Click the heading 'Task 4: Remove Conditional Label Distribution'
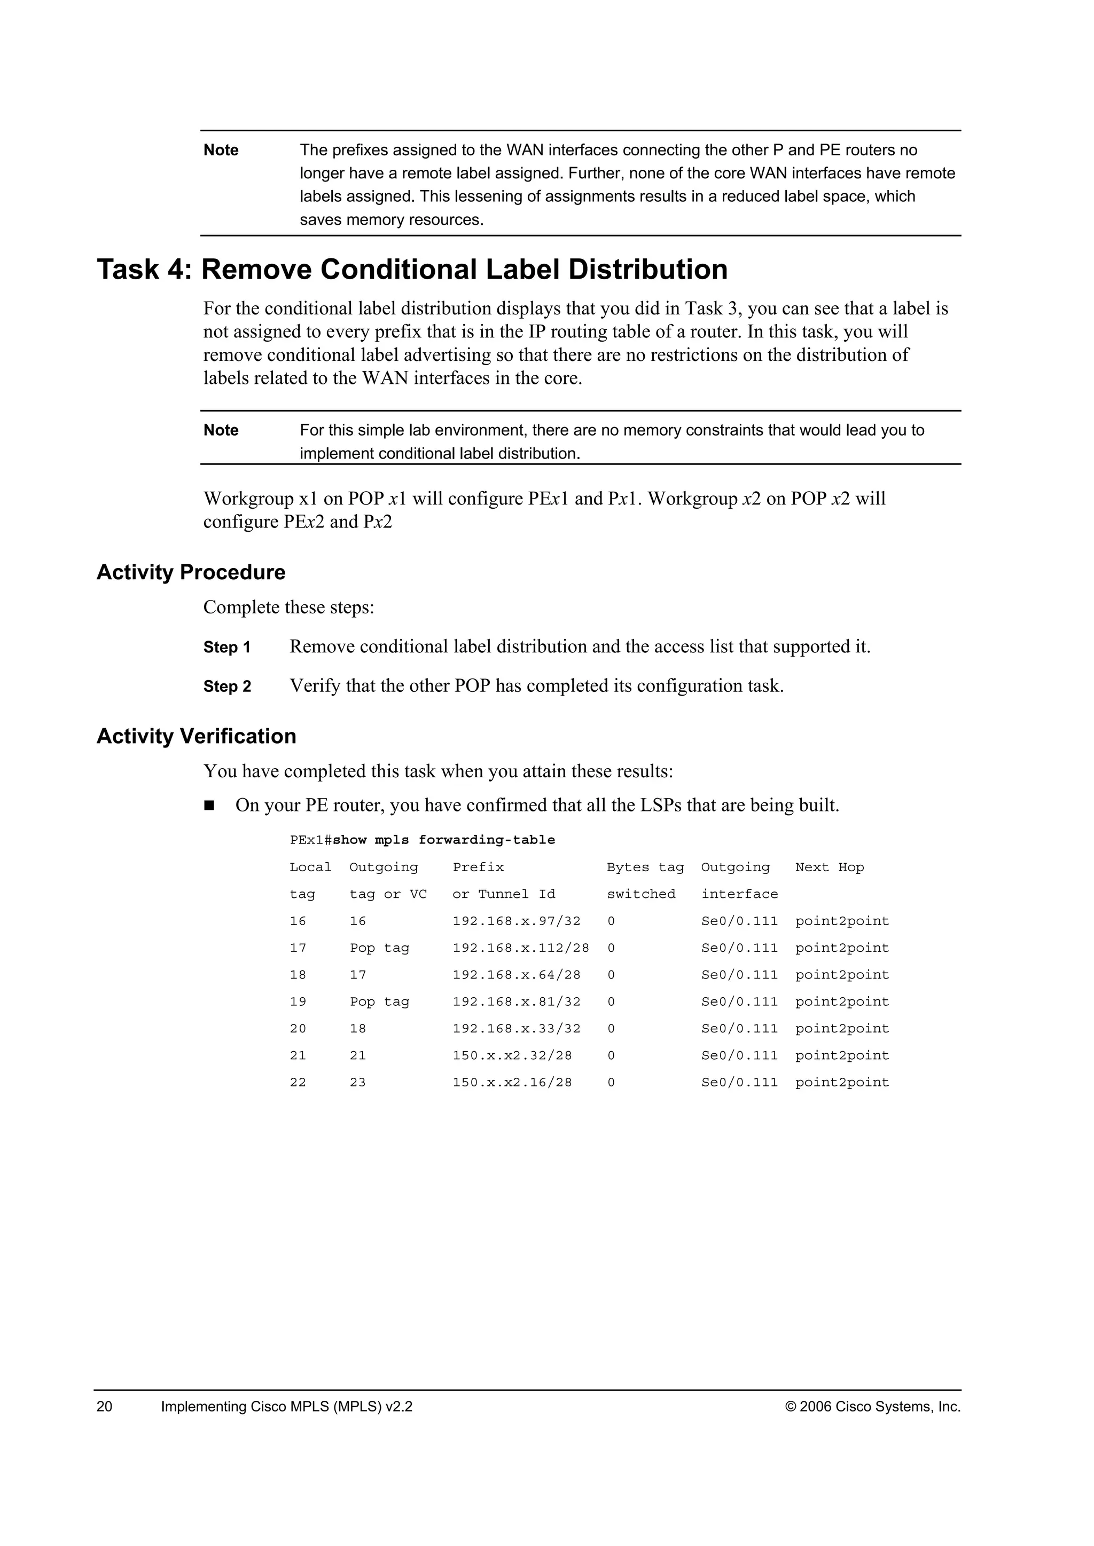click(x=412, y=270)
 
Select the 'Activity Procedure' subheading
click(x=191, y=572)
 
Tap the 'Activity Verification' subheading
click(x=196, y=736)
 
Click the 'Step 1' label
click(x=227, y=648)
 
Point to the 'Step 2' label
click(x=227, y=687)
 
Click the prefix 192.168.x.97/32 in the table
click(x=516, y=921)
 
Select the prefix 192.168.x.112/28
click(x=520, y=948)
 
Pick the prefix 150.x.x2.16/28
click(x=512, y=1083)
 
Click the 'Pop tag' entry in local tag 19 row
click(x=379, y=1002)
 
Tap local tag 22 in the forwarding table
click(x=298, y=1083)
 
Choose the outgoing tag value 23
click(x=358, y=1083)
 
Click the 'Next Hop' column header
click(x=829, y=867)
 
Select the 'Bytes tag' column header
click(x=645, y=867)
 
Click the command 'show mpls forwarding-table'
click(x=444, y=840)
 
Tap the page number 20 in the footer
click(x=104, y=1407)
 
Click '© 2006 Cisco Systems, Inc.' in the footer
click(x=872, y=1407)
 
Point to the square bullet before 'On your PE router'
click(x=209, y=806)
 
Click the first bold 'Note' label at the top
click(x=221, y=150)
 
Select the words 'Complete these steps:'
click(x=288, y=608)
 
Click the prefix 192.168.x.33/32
click(x=516, y=1029)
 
